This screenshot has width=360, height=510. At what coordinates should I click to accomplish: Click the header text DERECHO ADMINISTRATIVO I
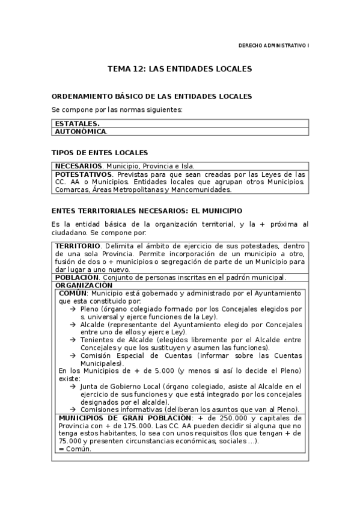273,46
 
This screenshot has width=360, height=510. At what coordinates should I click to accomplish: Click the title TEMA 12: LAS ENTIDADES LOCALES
179,69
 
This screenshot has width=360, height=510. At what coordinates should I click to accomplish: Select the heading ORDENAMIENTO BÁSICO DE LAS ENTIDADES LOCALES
152,96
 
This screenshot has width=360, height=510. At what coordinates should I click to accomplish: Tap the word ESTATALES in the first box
77,123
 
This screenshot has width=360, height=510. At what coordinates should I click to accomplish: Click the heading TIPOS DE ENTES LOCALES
100,153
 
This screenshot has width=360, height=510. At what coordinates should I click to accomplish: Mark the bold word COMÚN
72,293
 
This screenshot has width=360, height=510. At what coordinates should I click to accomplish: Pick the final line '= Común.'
75,449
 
